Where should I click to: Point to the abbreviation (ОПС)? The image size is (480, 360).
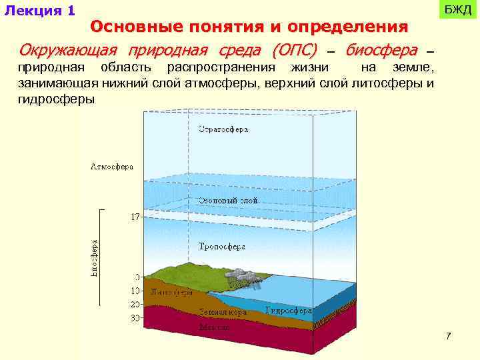point(294,51)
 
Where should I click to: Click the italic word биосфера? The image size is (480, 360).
point(381,51)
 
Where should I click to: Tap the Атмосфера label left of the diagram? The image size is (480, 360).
point(111,166)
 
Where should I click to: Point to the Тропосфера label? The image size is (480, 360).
point(222,247)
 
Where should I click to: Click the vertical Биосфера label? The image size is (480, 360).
point(95,259)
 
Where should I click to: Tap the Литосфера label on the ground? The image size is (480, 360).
point(172,293)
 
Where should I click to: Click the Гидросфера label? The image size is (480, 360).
point(289,311)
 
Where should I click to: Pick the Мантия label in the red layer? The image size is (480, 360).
point(215,327)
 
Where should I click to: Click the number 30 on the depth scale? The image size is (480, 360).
point(135,319)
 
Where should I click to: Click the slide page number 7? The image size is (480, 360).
point(449,336)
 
